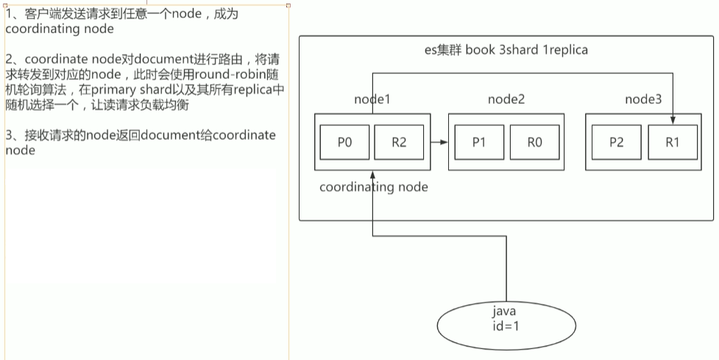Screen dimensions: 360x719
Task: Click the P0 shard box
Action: [344, 143]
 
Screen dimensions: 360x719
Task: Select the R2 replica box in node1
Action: [398, 143]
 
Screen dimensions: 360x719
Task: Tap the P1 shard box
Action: [478, 143]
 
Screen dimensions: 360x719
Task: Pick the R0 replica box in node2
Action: [534, 143]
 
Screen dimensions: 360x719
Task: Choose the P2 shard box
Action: [616, 143]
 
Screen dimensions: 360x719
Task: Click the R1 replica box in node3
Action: [672, 143]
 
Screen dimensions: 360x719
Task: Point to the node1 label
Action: [372, 99]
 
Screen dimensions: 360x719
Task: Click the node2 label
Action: [506, 99]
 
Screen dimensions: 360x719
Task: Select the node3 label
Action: [643, 99]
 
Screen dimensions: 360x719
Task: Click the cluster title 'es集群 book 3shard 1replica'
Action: [506, 51]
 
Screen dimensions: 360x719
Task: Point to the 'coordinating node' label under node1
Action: [373, 187]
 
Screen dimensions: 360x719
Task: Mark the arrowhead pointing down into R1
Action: [673, 121]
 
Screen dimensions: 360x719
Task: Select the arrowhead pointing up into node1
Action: [373, 176]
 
